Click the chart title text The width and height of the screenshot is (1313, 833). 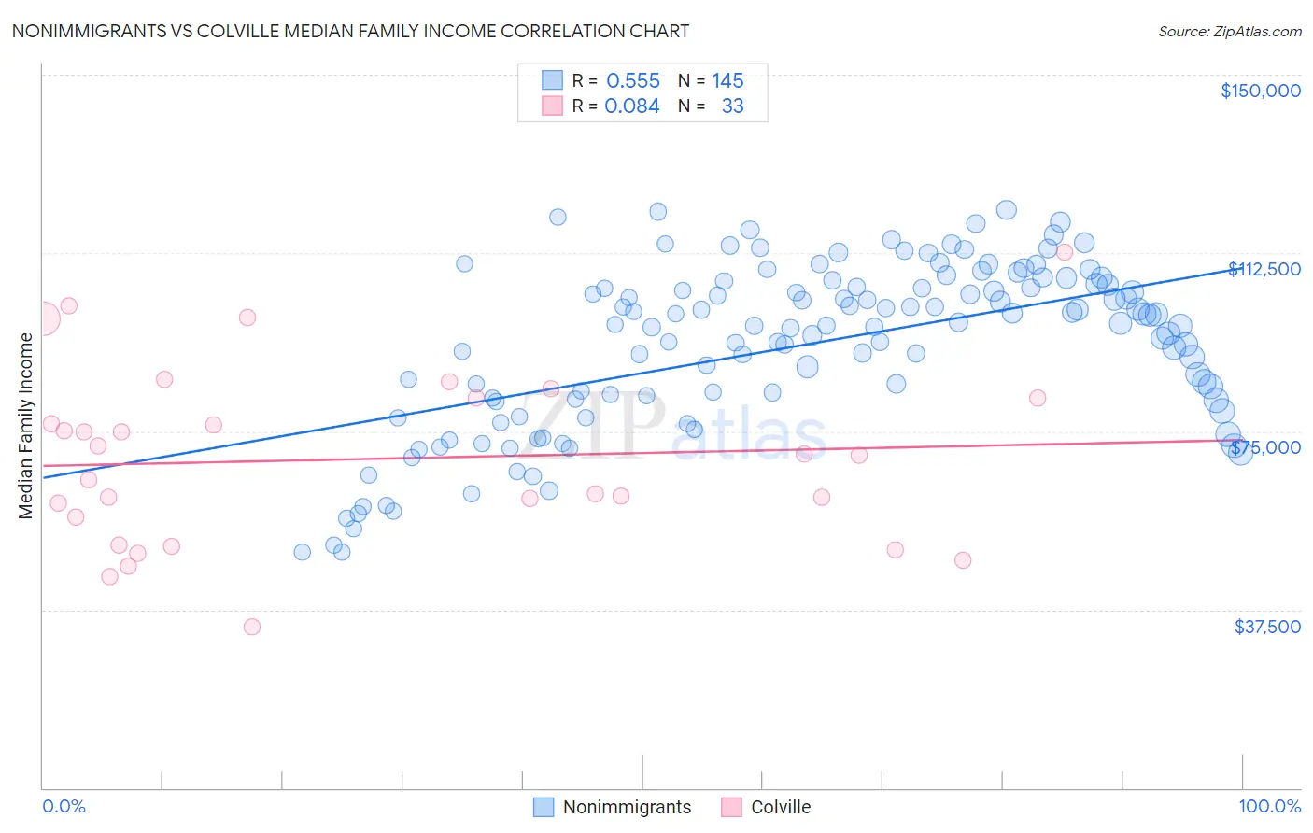[350, 31]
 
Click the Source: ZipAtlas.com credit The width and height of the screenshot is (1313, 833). [1229, 31]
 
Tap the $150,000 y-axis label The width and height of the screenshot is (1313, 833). [1260, 91]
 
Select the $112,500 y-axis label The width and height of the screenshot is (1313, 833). [1264, 269]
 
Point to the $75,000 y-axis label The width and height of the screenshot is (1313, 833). [1264, 447]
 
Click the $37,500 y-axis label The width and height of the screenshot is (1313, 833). [1267, 627]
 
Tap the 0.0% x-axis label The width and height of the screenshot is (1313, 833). [64, 806]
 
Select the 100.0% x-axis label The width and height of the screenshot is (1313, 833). [1269, 806]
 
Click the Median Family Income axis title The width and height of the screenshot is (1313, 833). [26, 426]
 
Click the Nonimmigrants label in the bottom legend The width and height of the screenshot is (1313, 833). [627, 807]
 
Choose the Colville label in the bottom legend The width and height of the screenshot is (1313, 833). [781, 807]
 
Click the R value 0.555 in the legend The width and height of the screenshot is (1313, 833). [633, 80]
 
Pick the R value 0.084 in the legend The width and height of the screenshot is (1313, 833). [632, 106]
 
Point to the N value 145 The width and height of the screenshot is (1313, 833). [727, 80]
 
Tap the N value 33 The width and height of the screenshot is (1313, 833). [732, 106]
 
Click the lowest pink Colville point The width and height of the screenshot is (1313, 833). [252, 627]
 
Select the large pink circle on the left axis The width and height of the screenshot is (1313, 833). [42, 318]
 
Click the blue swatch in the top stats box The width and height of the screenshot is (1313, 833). [553, 80]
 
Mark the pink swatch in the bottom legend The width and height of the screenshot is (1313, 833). [731, 807]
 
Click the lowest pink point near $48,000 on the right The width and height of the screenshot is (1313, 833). [963, 560]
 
